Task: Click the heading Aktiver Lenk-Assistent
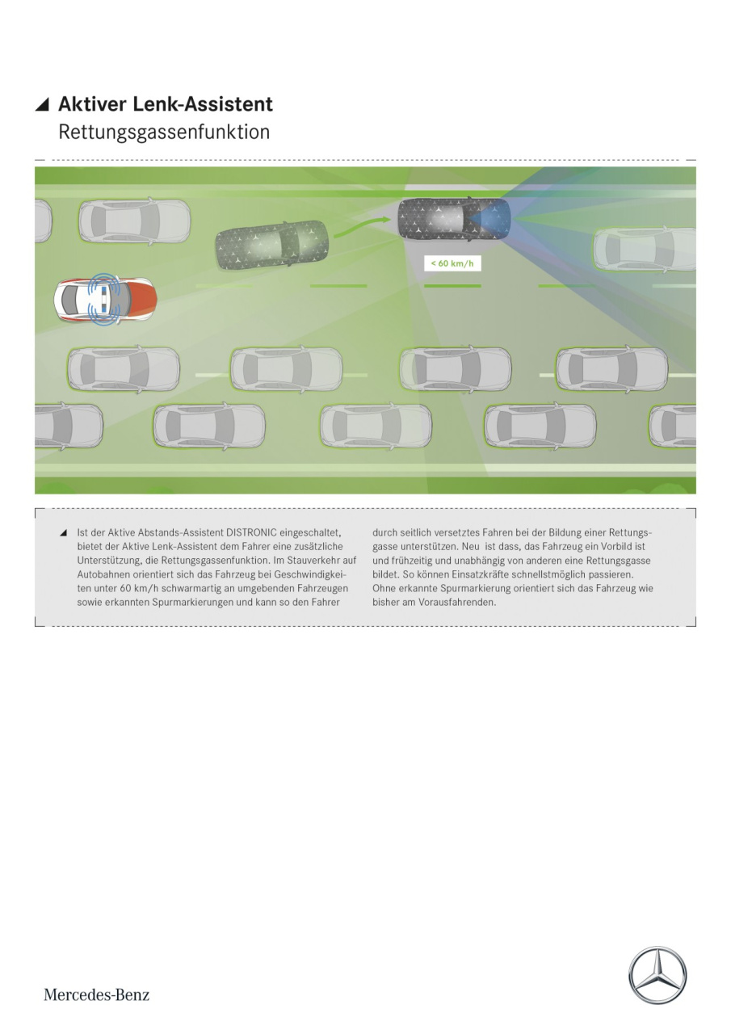point(166,104)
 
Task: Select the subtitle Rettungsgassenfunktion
point(164,132)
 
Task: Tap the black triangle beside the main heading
point(42,105)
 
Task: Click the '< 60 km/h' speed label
point(452,263)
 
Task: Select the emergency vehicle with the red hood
point(105,300)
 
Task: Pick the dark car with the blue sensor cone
point(455,219)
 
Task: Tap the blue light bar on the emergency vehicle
point(106,300)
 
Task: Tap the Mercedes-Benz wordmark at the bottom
point(96,994)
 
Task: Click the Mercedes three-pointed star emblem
point(657,975)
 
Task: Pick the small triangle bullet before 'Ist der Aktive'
point(63,533)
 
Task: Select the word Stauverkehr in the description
point(316,561)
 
